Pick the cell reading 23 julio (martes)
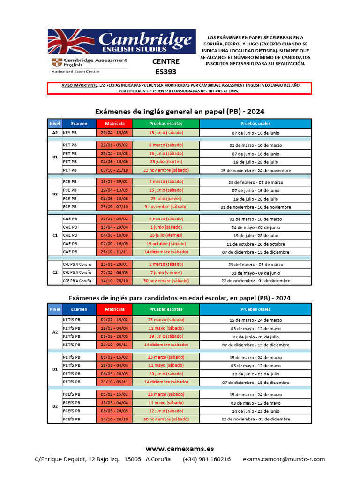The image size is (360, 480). [166, 162]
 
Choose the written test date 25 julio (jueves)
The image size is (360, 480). [166, 199]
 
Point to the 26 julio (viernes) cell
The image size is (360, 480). [166, 235]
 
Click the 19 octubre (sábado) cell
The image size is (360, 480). [166, 244]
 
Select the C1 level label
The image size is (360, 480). [55, 235]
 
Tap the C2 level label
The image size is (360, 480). [55, 272]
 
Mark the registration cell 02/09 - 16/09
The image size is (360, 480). [114, 244]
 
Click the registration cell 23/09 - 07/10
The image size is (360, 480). [114, 207]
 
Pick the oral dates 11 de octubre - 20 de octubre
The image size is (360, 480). [255, 244]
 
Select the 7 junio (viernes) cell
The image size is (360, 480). [166, 272]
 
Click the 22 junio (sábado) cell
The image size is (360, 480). [166, 411]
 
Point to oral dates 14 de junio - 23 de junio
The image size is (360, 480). [255, 411]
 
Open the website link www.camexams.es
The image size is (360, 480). [180, 449]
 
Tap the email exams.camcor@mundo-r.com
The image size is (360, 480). [284, 459]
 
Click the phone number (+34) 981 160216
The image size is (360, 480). [207, 459]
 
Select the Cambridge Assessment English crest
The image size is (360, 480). [55, 62]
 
